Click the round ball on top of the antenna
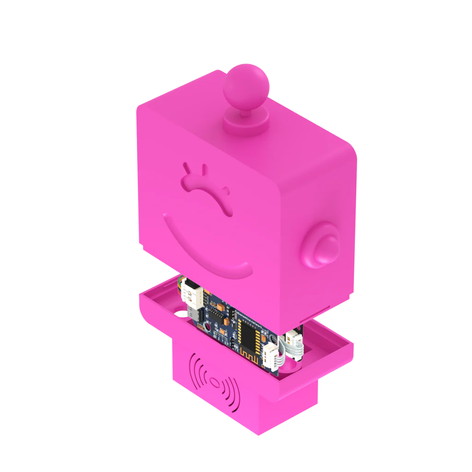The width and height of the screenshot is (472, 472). pos(244,83)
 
